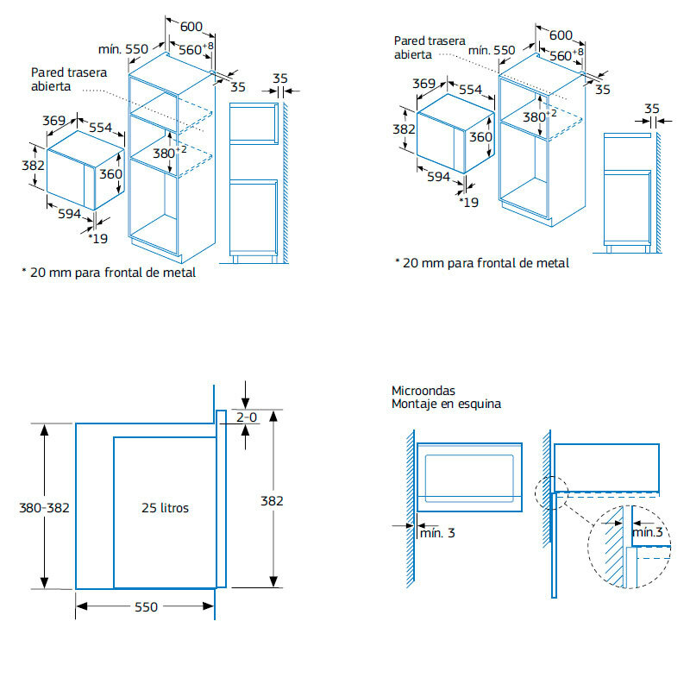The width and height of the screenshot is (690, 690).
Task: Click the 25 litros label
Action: [x=164, y=508]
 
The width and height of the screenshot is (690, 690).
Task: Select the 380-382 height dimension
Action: [x=44, y=508]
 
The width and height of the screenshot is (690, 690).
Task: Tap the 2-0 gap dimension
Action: [x=248, y=417]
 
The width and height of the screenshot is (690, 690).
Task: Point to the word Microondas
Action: [x=423, y=391]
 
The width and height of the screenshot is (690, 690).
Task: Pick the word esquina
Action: [x=479, y=404]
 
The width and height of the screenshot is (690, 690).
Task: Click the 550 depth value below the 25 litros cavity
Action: [x=146, y=607]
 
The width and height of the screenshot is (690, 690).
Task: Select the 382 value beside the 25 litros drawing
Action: [x=272, y=500]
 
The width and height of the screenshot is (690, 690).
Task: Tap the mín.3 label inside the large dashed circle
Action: [x=648, y=533]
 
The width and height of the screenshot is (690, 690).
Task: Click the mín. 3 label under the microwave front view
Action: [x=437, y=533]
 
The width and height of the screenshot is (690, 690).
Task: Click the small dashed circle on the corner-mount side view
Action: [x=551, y=495]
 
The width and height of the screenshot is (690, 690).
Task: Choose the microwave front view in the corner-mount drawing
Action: [x=470, y=475]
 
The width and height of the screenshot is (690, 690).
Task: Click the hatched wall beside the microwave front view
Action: [x=406, y=509]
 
